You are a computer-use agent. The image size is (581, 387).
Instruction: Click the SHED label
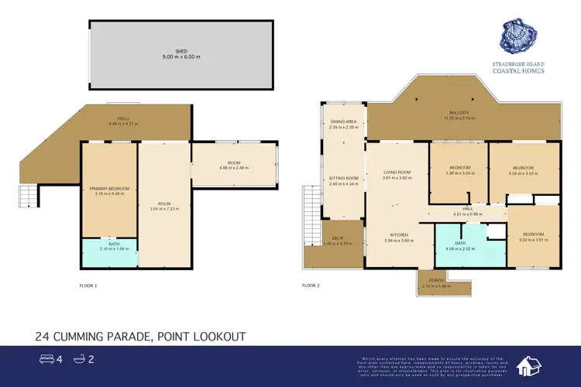coord(180,52)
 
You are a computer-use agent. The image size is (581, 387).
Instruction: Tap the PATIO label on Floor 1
coord(122,118)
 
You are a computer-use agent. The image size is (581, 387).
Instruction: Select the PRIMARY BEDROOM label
coord(109,189)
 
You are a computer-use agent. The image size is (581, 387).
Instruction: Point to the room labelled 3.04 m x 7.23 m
coord(163,204)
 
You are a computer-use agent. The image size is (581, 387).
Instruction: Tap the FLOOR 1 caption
coord(88,286)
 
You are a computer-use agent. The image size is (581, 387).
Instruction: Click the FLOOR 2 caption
coord(311,286)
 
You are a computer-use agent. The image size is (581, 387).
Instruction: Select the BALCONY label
coord(456,113)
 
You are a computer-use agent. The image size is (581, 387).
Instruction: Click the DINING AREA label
coord(343,122)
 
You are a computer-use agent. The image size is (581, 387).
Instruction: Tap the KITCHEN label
coord(400,235)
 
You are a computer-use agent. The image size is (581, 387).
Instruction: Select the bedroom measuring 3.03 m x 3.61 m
coord(532,235)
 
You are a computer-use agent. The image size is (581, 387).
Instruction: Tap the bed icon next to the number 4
coord(46,359)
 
